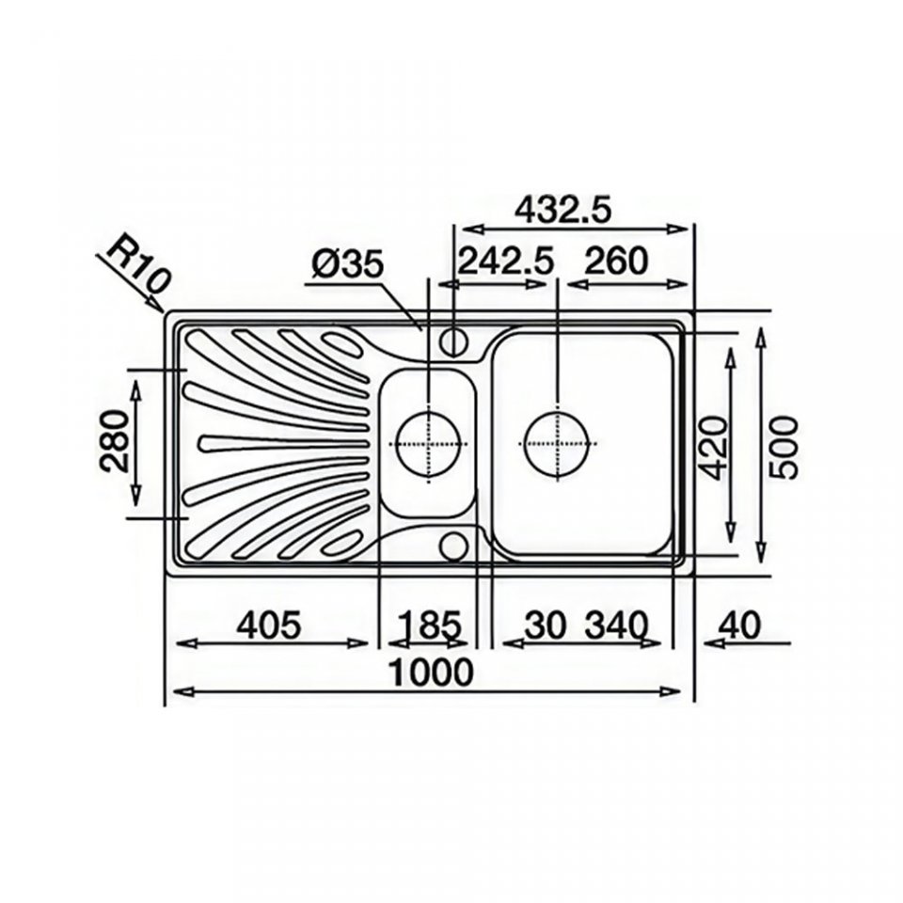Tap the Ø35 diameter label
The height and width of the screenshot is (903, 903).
[347, 265]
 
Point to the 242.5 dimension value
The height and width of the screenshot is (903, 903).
[505, 261]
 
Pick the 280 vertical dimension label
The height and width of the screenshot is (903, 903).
[114, 440]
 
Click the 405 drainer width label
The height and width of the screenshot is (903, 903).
[270, 625]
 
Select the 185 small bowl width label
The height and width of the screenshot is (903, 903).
[430, 625]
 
